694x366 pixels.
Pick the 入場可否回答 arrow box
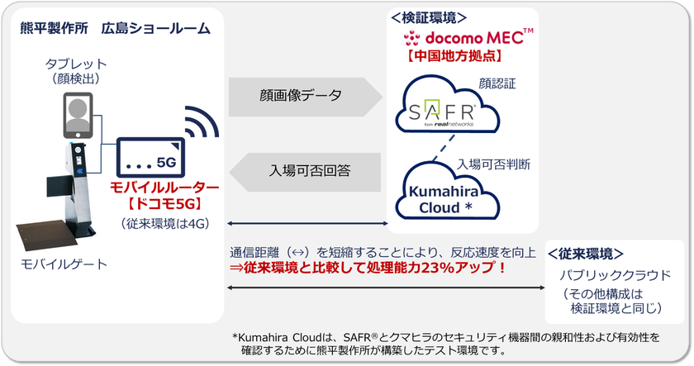pyautogui.click(x=310, y=172)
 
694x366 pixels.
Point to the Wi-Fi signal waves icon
pyautogui.click(x=202, y=124)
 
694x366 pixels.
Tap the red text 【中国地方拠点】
pyautogui.click(x=458, y=58)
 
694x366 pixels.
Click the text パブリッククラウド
pyautogui.click(x=611, y=274)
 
